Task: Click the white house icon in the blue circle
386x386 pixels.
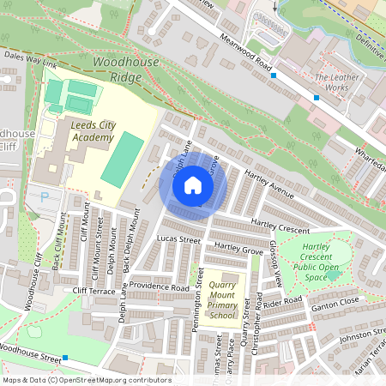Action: coord(193,185)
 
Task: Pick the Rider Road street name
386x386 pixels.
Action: coord(284,302)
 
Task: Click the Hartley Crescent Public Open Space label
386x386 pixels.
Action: coord(327,262)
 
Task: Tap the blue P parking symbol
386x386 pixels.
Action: coord(44,196)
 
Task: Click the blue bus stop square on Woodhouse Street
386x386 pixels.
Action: coord(64,356)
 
